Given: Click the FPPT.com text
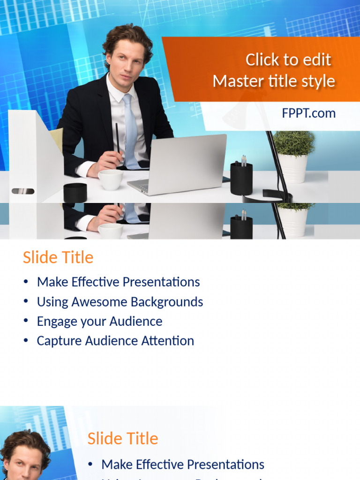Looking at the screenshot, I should point(308,113).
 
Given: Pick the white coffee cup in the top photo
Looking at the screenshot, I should point(111,180).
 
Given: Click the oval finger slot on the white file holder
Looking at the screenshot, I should point(23,191).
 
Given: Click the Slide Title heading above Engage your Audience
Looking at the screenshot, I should point(58,257).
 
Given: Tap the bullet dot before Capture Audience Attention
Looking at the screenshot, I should point(26,341).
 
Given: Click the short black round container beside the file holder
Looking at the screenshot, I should point(75,192).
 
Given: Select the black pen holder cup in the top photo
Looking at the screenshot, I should point(241,179).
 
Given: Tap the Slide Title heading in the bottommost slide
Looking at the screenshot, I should point(122,438).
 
